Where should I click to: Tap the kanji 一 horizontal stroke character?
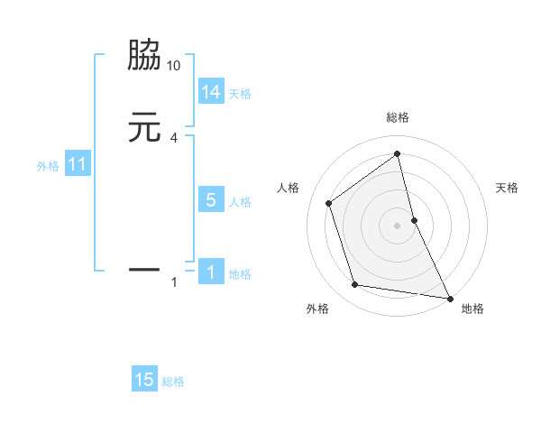pyautogui.click(x=145, y=268)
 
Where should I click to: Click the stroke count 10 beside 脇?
pyautogui.click(x=174, y=66)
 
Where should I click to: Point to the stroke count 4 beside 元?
pyautogui.click(x=174, y=138)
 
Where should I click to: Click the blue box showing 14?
pyautogui.click(x=210, y=92)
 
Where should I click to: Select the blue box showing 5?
pyautogui.click(x=210, y=200)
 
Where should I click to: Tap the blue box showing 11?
pyautogui.click(x=77, y=165)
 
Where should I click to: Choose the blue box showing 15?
pyautogui.click(x=144, y=380)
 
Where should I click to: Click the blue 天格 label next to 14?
pyautogui.click(x=240, y=94)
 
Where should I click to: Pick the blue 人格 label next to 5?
pyautogui.click(x=240, y=202)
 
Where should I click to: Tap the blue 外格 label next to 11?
pyautogui.click(x=48, y=166)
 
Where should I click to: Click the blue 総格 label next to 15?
pyautogui.click(x=173, y=382)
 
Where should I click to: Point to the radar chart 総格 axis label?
pyautogui.click(x=398, y=118)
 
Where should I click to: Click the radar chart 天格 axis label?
pyautogui.click(x=508, y=188)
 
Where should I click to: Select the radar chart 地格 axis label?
pyautogui.click(x=472, y=309)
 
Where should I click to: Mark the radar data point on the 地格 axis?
pyautogui.click(x=449, y=297)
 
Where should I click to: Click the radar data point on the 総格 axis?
pyautogui.click(x=398, y=153)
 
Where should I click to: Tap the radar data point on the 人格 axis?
pyautogui.click(x=329, y=203)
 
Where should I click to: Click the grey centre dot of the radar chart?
pyautogui.click(x=398, y=225)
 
